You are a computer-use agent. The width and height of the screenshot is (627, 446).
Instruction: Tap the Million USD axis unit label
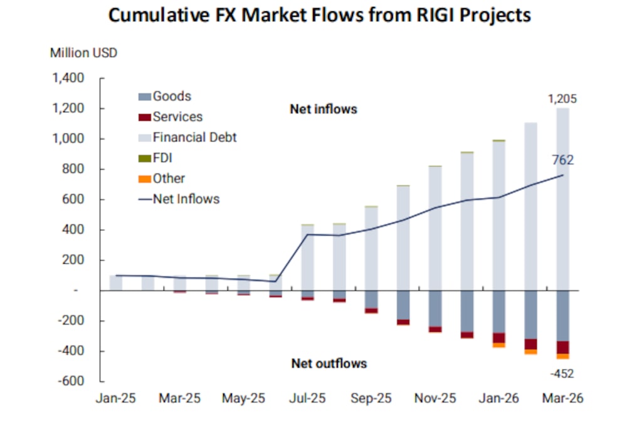pyautogui.click(x=83, y=53)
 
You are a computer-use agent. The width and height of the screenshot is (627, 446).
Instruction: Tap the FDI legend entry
pyautogui.click(x=162, y=158)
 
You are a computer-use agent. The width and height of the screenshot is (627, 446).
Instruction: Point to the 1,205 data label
pyautogui.click(x=562, y=99)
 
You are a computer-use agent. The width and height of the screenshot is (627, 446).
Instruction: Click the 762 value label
pyautogui.click(x=562, y=160)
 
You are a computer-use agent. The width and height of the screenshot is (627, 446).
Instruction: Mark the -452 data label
pyautogui.click(x=562, y=375)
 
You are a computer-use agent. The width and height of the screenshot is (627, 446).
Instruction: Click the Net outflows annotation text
pyautogui.click(x=329, y=363)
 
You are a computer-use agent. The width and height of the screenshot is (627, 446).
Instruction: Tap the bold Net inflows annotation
pyautogui.click(x=323, y=109)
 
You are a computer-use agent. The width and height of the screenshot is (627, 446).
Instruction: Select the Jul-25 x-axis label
pyautogui.click(x=308, y=398)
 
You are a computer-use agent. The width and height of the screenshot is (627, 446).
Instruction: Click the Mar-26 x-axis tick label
pyautogui.click(x=562, y=398)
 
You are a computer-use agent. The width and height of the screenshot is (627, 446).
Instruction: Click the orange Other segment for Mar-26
pyautogui.click(x=562, y=356)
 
